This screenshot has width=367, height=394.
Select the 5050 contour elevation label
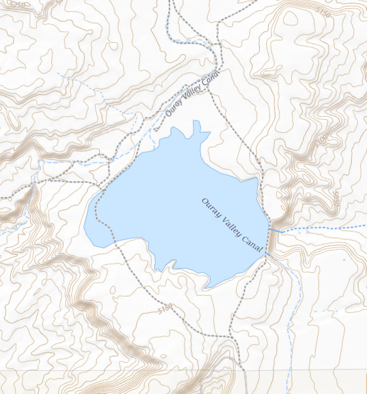[337, 198]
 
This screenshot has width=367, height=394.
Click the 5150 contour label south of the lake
[165, 309]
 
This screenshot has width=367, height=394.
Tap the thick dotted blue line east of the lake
[321, 228]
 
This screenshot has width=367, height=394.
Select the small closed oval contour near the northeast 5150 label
[290, 18]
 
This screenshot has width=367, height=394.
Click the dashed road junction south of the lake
[230, 335]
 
